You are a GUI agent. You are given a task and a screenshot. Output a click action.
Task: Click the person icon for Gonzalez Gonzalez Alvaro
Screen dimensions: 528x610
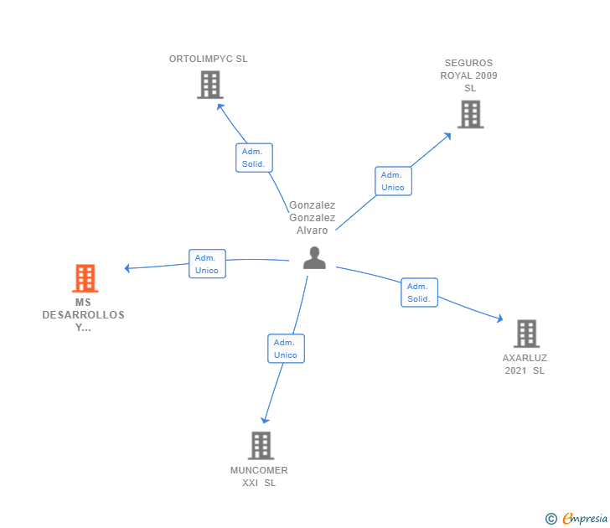point(314,257)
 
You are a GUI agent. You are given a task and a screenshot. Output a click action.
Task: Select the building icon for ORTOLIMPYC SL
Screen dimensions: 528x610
point(209,85)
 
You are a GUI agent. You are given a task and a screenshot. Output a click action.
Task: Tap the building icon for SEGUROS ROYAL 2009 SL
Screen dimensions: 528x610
point(470,114)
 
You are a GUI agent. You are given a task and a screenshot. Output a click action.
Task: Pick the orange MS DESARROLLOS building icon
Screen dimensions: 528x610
point(85,278)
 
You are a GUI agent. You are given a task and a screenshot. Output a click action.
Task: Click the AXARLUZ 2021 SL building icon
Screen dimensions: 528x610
point(525,334)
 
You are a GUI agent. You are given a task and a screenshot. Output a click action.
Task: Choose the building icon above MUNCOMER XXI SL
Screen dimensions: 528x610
point(261,445)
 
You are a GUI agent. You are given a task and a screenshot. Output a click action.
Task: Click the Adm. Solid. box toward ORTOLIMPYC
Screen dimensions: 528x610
point(254,158)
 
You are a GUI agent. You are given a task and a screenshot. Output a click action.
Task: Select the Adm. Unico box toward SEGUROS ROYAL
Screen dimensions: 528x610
point(392,181)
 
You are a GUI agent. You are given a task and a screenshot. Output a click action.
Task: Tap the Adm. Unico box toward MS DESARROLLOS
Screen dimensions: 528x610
point(207,264)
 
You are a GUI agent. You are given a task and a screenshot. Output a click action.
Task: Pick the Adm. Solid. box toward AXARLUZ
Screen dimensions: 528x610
point(418,292)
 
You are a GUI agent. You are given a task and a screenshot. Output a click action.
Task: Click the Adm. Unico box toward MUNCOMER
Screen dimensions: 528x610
point(286,349)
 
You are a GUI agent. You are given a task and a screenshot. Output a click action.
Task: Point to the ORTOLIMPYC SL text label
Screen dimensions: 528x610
point(209,60)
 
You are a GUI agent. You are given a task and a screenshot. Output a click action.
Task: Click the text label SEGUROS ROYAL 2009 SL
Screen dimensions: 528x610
point(469,75)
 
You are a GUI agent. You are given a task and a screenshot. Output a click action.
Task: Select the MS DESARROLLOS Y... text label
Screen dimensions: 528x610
point(84,315)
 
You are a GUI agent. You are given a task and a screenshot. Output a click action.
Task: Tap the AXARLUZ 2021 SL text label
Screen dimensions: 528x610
point(525,364)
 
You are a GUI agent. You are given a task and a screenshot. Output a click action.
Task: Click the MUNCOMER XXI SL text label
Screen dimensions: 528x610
point(259,476)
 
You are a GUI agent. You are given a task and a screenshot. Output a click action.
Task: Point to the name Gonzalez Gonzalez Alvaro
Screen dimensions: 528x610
point(312,218)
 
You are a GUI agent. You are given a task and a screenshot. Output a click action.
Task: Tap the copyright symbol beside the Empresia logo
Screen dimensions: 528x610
point(551,519)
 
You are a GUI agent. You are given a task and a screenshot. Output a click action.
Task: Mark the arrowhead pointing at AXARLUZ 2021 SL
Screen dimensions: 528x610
point(499,319)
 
